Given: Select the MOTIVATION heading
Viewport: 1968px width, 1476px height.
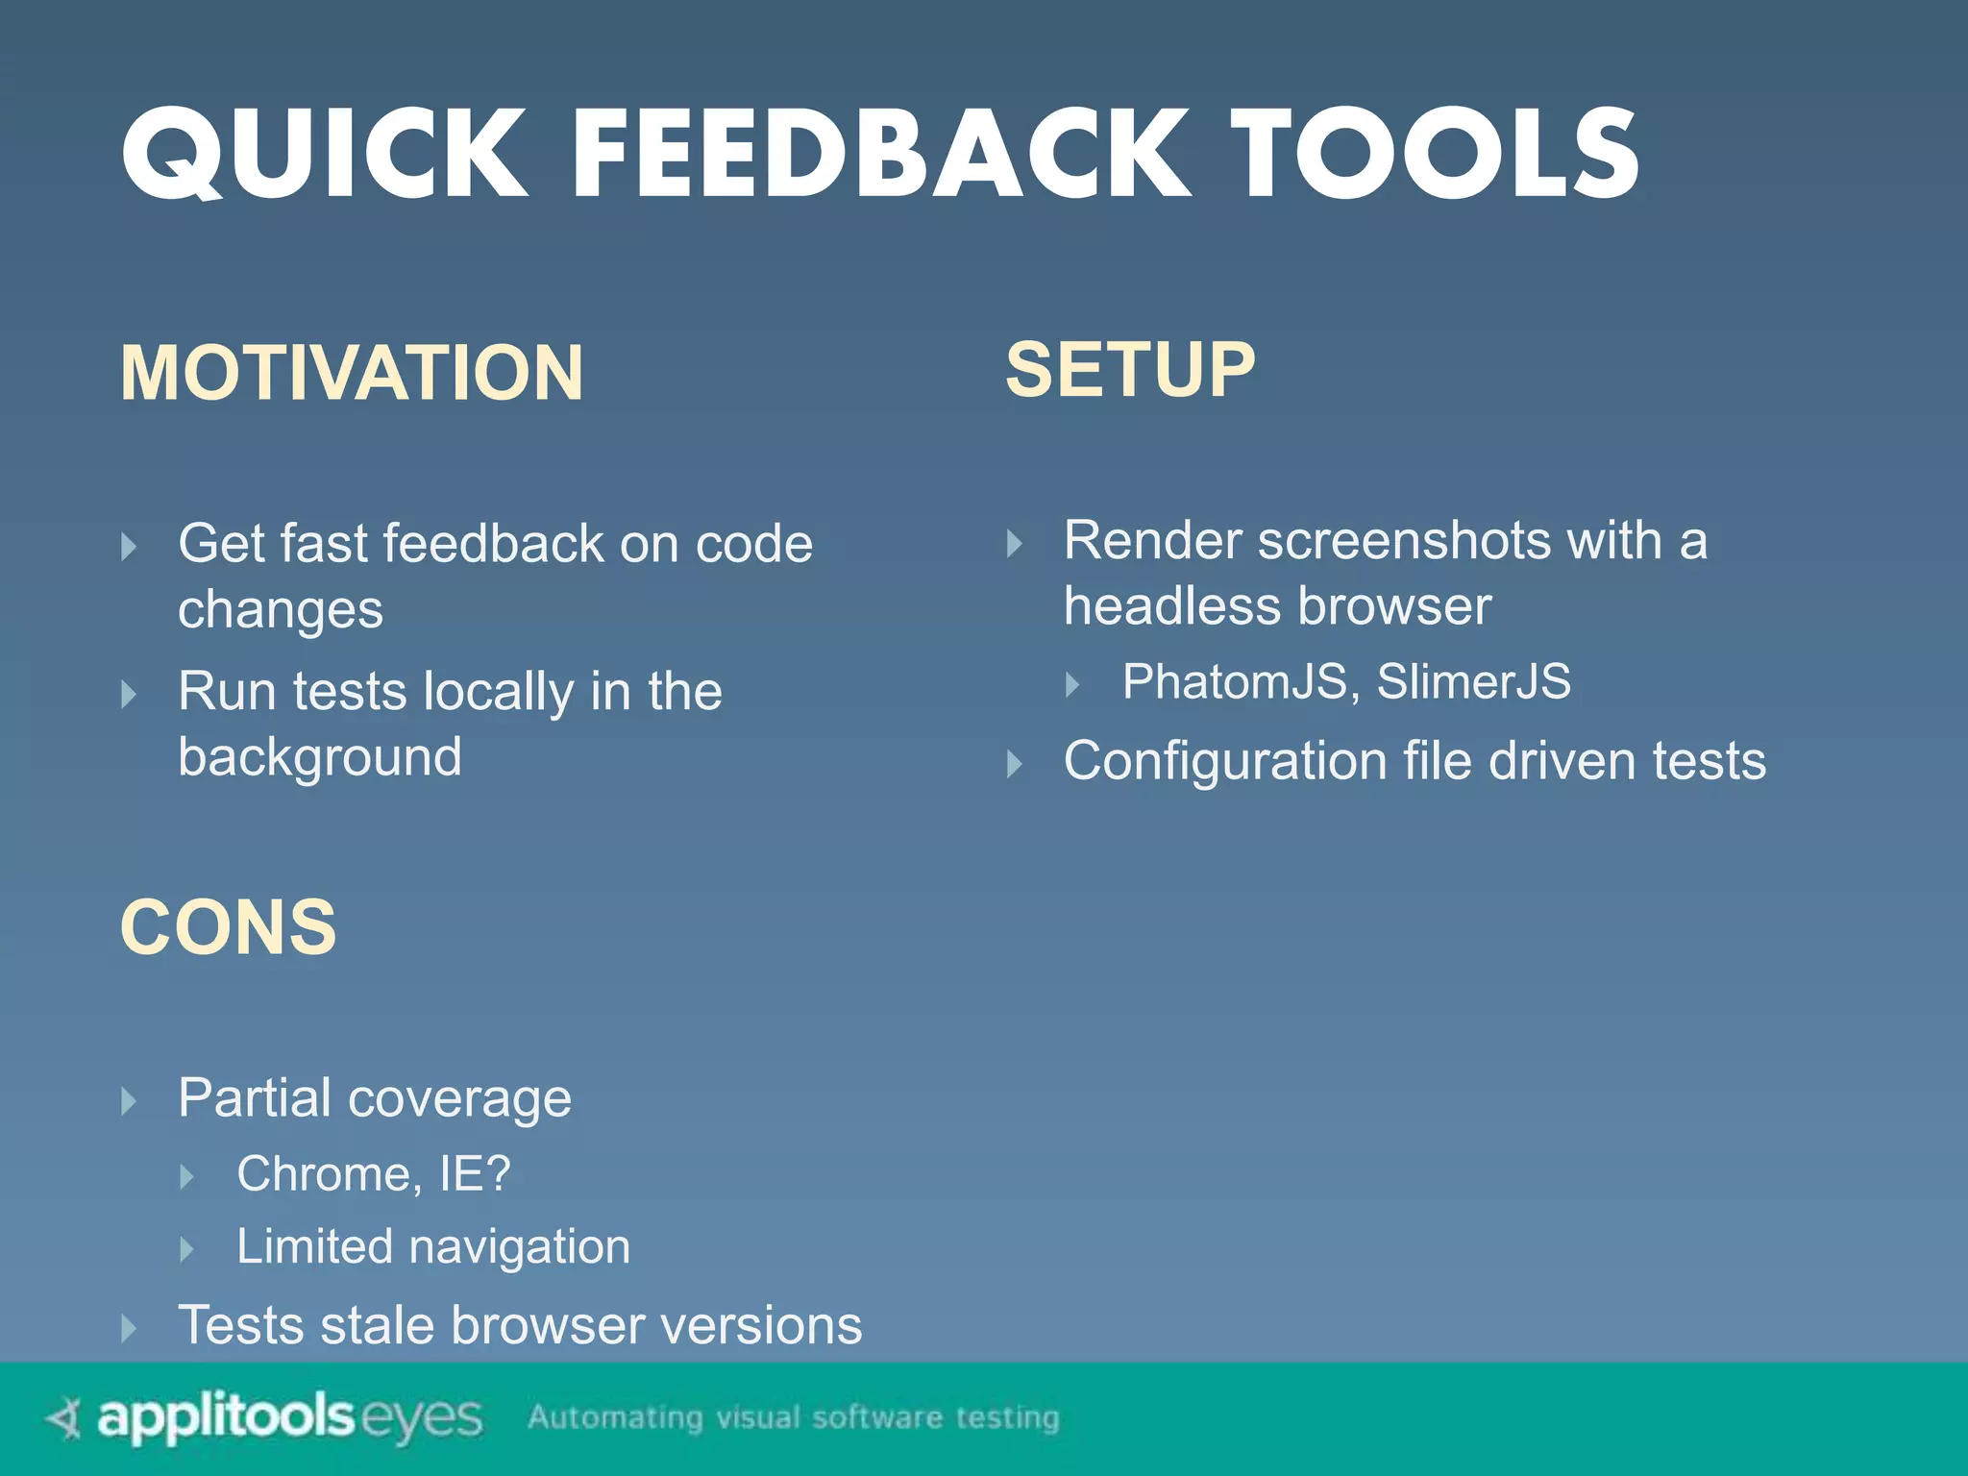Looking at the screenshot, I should click(x=352, y=373).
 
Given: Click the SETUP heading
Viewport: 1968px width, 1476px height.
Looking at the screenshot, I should click(x=1130, y=370).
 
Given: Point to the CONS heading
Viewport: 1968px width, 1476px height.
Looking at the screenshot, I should click(x=229, y=927).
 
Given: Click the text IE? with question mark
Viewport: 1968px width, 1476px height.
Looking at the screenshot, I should click(x=475, y=1174).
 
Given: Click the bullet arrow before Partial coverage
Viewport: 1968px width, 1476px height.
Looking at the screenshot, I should click(x=129, y=1101).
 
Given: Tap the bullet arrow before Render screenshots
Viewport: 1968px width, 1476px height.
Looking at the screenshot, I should click(x=1014, y=544).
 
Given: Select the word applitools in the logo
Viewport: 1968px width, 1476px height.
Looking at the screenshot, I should click(x=226, y=1418).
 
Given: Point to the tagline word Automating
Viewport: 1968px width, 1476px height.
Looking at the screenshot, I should click(x=615, y=1417).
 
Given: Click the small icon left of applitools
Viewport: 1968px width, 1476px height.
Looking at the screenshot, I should click(x=65, y=1417).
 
